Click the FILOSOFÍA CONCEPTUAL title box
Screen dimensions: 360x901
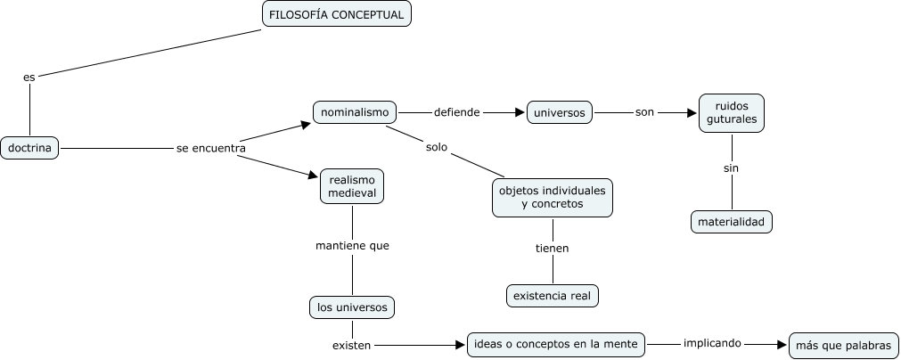[337, 14]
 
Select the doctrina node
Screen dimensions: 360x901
[29, 148]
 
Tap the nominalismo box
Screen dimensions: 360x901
[356, 112]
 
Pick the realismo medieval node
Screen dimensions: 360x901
[352, 185]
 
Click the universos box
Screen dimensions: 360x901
[560, 113]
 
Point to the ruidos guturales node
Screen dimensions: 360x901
[732, 112]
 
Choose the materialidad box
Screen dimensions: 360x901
[731, 222]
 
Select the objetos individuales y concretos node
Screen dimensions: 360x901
[553, 198]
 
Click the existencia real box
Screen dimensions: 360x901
[553, 295]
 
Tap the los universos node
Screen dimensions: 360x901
[352, 307]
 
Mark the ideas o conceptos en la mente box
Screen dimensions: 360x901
[556, 344]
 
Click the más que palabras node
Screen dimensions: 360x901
[844, 346]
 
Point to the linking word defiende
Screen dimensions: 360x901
[456, 113]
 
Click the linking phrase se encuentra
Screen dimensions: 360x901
[211, 149]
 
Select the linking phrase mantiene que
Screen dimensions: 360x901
[352, 245]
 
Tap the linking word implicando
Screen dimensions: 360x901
[713, 343]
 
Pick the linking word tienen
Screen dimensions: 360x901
[552, 249]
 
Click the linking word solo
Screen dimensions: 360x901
[436, 146]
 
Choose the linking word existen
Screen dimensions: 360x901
[351, 344]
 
